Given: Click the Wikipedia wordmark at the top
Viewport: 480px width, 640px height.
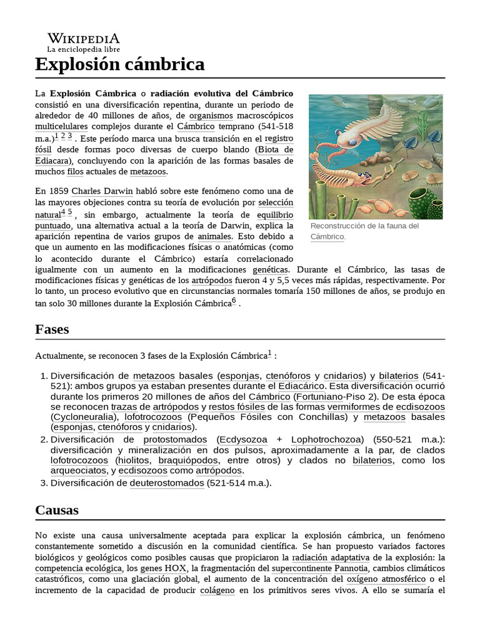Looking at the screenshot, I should click(84, 39).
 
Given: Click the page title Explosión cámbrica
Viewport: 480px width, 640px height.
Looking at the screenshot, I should click(119, 64).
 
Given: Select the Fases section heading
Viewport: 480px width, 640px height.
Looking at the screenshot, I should click(52, 329).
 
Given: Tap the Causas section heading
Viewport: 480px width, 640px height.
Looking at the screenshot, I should click(57, 510).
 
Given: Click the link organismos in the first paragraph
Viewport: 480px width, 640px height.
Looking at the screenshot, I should click(211, 116).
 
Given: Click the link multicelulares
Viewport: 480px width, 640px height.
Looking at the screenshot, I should click(61, 127).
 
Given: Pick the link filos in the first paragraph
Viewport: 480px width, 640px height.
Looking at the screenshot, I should click(75, 171).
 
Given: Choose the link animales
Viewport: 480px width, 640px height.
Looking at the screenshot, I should click(214, 236).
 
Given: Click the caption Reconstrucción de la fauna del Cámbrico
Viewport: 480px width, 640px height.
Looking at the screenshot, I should click(364, 231).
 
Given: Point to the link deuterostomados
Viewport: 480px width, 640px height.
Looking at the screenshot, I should click(167, 482).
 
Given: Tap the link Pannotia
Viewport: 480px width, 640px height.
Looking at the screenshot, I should click(355, 569).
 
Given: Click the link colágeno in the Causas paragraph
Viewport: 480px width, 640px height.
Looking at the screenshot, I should click(217, 591).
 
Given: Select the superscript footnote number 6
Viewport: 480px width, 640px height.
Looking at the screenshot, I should click(234, 301).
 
